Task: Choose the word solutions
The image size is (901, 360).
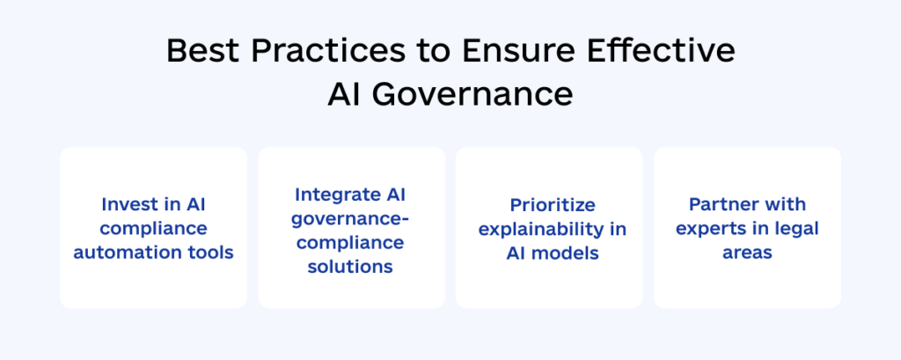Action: pyautogui.click(x=351, y=266)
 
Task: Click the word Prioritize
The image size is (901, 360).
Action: pyautogui.click(x=553, y=204)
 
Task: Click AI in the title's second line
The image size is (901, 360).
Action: pyautogui.click(x=344, y=95)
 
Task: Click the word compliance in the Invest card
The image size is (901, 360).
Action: pyautogui.click(x=154, y=229)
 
